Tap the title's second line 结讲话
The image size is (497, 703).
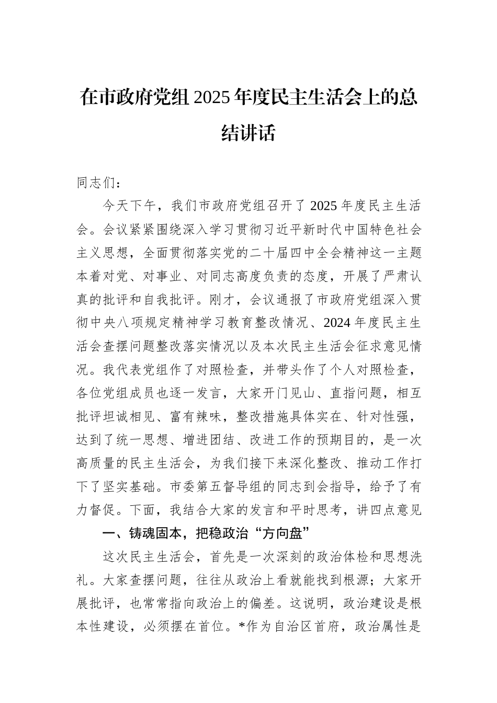249,133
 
